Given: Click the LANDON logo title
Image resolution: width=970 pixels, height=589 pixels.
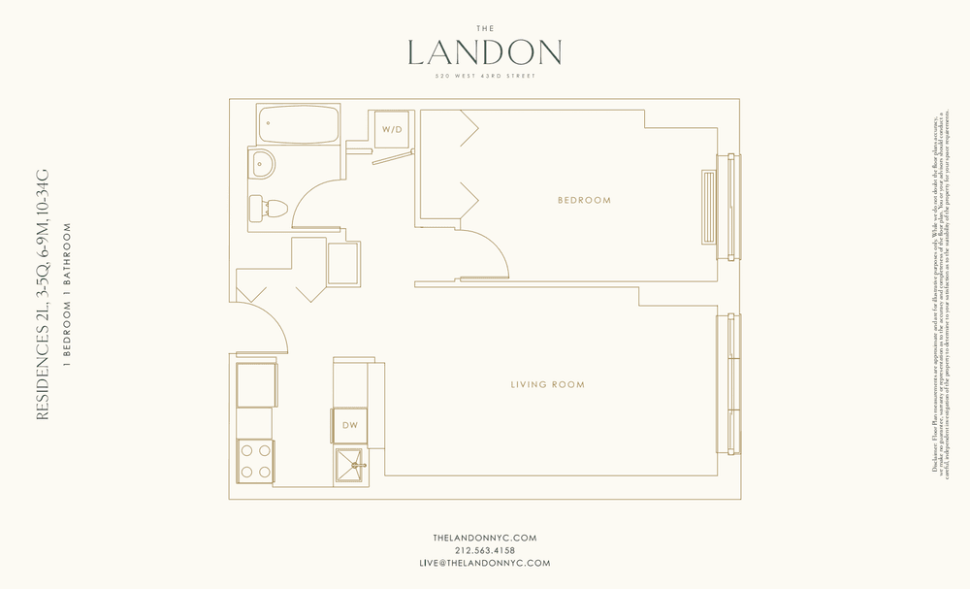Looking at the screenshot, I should pos(485,52).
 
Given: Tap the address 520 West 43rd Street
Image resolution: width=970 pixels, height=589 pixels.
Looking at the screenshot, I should pos(485,77).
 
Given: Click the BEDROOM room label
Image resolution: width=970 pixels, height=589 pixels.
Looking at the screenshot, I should pos(584,201).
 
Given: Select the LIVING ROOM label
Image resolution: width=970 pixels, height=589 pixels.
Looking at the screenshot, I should pos(548,385).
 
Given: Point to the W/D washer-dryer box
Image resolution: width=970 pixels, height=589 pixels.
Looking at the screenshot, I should pos(391,129).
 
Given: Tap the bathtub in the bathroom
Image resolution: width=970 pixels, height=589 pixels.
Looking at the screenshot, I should pos(298,124).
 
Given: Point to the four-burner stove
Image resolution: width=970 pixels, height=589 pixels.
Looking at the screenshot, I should pos(255,461).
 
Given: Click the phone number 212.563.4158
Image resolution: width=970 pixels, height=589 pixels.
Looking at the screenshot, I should pos(485,550).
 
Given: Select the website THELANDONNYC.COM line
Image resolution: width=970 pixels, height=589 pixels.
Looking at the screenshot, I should pos(485,538).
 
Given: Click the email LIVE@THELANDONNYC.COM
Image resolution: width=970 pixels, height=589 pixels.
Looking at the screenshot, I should pos(485,563).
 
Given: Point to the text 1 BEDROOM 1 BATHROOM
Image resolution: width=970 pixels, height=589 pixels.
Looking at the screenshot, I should pos(67,295).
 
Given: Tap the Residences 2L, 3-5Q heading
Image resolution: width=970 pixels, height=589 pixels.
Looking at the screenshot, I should pos(42,295).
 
